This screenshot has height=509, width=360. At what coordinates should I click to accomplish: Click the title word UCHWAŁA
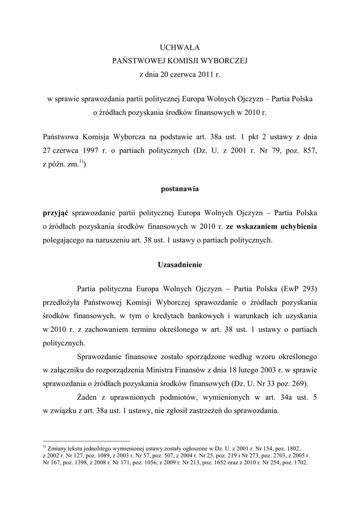tap(179, 47)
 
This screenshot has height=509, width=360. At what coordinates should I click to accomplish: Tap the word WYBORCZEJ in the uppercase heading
tap(225, 61)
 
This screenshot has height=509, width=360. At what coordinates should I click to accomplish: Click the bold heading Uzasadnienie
tap(179, 264)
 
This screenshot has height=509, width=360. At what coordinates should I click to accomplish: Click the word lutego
tap(246, 370)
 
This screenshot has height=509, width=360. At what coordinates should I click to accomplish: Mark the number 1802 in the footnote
tap(292, 448)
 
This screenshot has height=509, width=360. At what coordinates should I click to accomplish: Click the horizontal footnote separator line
tap(87, 440)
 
